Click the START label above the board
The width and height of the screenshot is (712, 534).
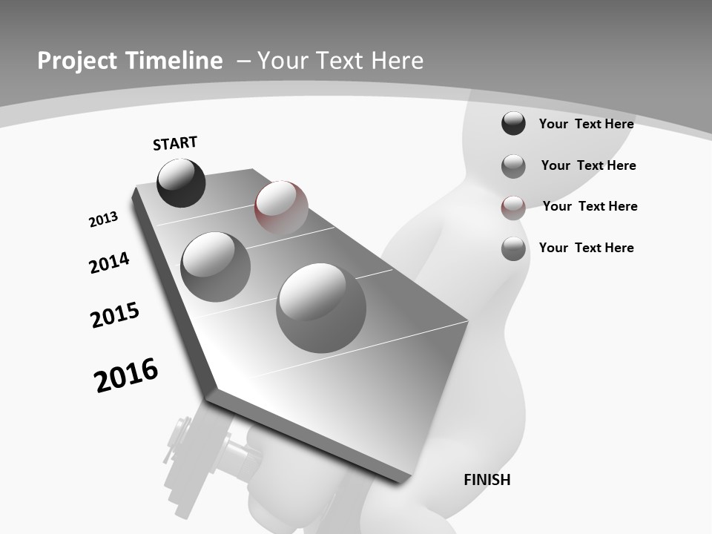tap(175, 143)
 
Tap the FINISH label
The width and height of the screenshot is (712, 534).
tap(487, 480)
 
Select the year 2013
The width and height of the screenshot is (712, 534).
tap(103, 220)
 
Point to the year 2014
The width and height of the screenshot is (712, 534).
tap(109, 263)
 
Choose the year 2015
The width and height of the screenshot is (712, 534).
tap(115, 315)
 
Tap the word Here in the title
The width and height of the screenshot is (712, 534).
tap(397, 61)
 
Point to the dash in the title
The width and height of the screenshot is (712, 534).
tap(243, 61)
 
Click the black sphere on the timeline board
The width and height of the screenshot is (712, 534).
tap(181, 182)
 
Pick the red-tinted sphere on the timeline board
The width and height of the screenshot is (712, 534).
tap(281, 208)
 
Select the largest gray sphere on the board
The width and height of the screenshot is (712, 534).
tap(321, 307)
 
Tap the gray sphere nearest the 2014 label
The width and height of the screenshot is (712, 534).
tap(216, 266)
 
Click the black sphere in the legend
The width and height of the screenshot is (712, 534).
tap(513, 123)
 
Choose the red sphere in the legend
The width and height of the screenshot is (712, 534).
tap(513, 208)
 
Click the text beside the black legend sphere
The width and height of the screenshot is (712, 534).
tap(586, 124)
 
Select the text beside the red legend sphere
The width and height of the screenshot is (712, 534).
tap(590, 206)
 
